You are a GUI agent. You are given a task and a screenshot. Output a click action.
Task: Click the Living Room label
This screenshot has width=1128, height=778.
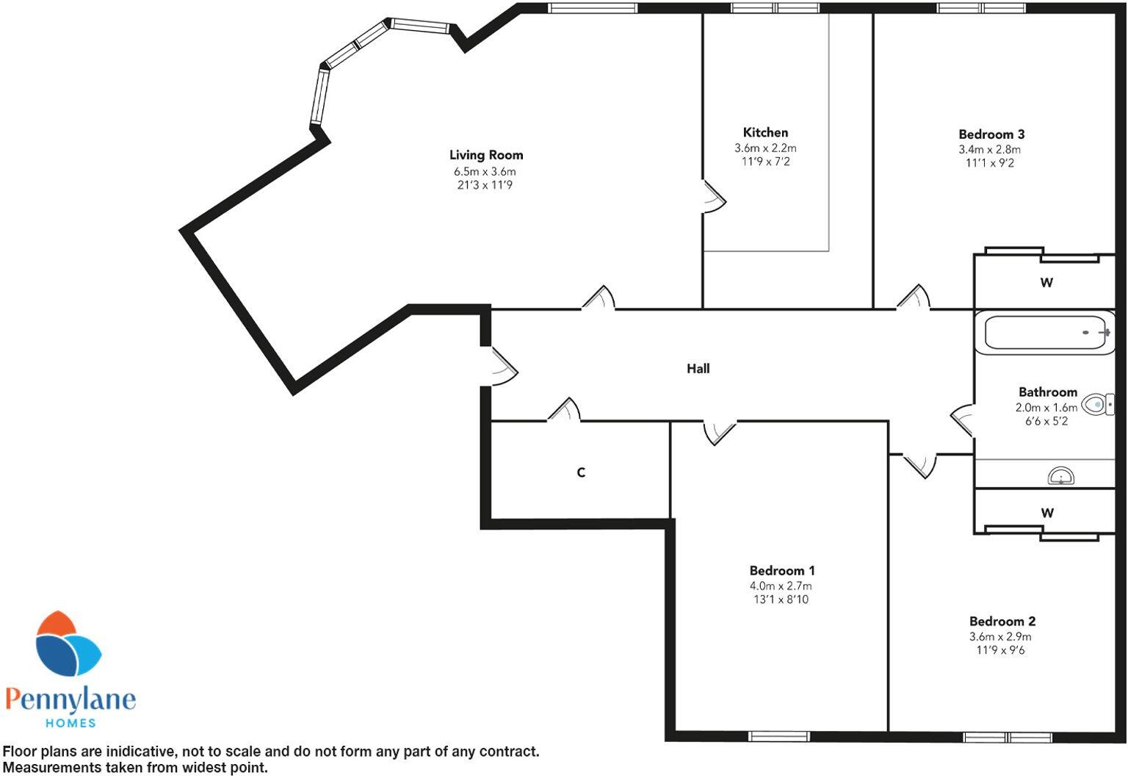coord(486,155)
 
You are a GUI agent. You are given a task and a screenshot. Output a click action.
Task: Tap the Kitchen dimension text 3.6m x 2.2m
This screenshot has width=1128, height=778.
coord(765,148)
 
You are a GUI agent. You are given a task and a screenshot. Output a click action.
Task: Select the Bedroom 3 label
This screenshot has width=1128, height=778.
coord(991,134)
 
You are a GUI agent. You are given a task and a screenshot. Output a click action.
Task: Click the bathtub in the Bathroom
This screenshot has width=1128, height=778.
coord(1044,334)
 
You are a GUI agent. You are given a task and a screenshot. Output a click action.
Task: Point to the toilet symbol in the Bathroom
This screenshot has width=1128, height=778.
coord(1097,405)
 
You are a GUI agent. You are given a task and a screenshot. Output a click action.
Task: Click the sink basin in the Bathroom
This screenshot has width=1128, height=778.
coord(1060,477)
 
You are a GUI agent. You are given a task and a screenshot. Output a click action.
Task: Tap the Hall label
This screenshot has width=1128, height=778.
coord(698,369)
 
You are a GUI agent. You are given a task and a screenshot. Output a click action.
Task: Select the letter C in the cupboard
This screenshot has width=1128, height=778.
coord(581,472)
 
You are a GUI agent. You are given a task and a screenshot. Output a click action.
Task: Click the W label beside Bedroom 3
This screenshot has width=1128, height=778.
coord(1046,283)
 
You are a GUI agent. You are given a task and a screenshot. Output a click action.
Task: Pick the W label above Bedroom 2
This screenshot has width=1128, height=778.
coord(1047,514)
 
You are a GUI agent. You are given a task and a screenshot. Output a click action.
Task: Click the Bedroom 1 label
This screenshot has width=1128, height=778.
coord(781,571)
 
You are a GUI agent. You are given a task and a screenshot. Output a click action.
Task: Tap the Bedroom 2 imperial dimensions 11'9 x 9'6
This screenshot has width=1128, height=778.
coord(1000,650)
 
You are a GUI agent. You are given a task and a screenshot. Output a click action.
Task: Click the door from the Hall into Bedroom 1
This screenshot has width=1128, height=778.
coord(719,432)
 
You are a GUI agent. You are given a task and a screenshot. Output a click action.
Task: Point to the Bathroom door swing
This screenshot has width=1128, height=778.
coord(962,419)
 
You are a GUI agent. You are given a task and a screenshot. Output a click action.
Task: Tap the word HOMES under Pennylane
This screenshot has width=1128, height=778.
coord(70,723)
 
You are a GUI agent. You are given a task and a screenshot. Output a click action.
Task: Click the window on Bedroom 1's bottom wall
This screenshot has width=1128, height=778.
coord(779,736)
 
